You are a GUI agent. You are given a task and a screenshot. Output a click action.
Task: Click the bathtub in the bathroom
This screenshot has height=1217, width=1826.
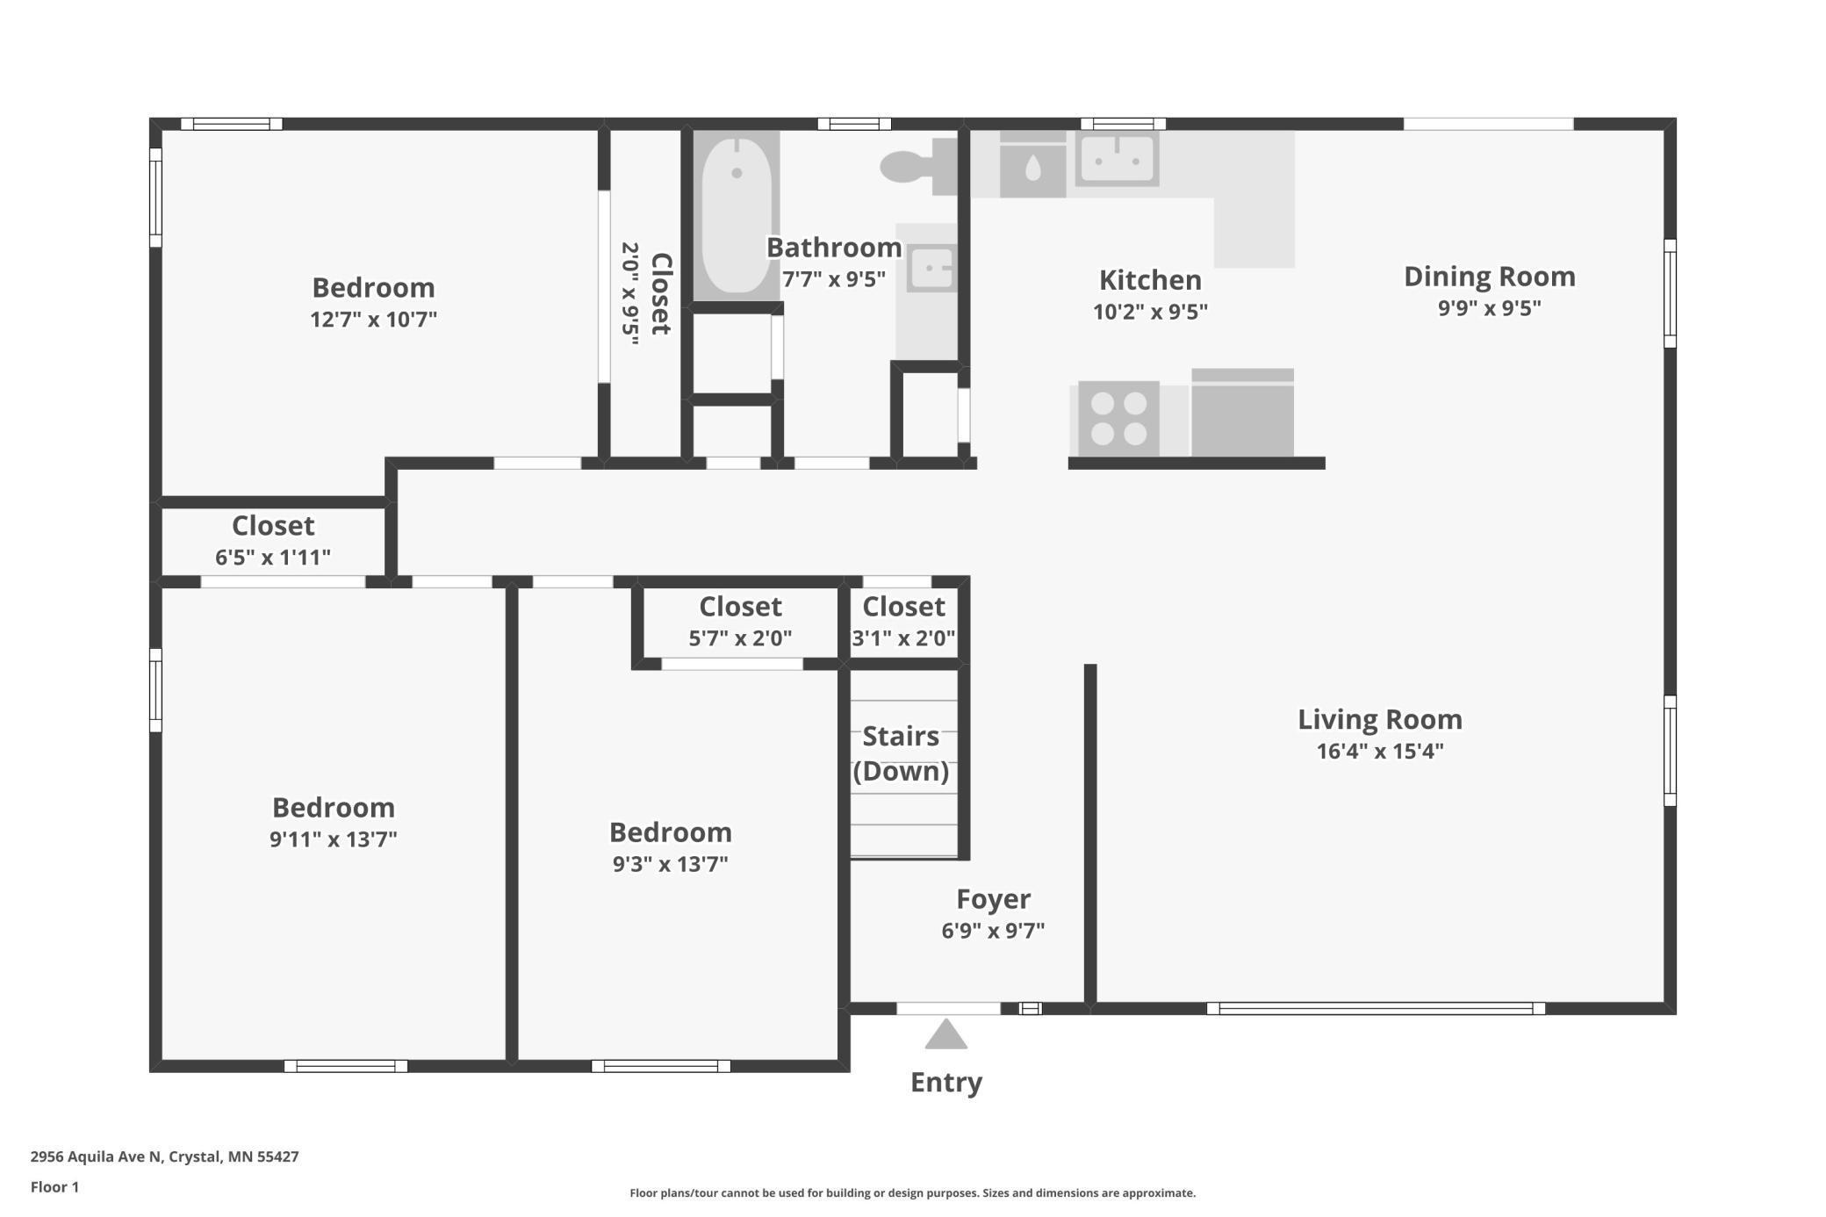click(737, 215)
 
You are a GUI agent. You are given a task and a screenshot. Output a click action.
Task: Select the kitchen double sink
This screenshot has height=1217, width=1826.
click(1117, 160)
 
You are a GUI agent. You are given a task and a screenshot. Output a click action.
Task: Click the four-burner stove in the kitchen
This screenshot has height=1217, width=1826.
click(1118, 419)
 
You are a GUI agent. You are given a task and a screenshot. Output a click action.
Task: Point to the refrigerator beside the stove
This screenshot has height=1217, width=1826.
click(1242, 413)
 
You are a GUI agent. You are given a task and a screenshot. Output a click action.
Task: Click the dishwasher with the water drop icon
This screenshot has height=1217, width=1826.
click(1032, 167)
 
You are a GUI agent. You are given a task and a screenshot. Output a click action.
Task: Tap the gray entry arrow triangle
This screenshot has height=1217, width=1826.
click(945, 1035)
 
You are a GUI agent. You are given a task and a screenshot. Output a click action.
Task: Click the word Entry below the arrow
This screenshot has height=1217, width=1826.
click(945, 1083)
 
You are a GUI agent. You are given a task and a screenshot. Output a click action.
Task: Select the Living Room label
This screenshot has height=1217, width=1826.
click(1379, 720)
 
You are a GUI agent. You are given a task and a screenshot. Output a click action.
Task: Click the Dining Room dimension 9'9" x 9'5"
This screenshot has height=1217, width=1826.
click(1489, 308)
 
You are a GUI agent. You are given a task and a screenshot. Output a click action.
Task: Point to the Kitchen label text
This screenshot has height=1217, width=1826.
click(1150, 280)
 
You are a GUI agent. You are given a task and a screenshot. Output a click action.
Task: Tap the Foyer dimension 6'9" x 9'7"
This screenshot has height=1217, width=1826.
click(993, 931)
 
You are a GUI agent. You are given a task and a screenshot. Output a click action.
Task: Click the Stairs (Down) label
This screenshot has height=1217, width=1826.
click(901, 753)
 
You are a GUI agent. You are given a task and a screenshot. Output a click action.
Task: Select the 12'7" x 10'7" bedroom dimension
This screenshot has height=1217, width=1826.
click(373, 320)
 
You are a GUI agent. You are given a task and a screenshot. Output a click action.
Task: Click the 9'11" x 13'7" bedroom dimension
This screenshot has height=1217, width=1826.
click(333, 839)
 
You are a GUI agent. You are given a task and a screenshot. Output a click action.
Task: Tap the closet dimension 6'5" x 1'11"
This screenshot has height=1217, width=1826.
click(272, 558)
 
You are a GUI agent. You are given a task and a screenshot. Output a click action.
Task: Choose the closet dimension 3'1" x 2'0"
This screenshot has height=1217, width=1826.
click(903, 638)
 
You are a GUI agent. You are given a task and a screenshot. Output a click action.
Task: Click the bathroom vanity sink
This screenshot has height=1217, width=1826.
click(930, 268)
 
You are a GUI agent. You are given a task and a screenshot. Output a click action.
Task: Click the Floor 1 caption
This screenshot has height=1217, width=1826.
click(54, 1187)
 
